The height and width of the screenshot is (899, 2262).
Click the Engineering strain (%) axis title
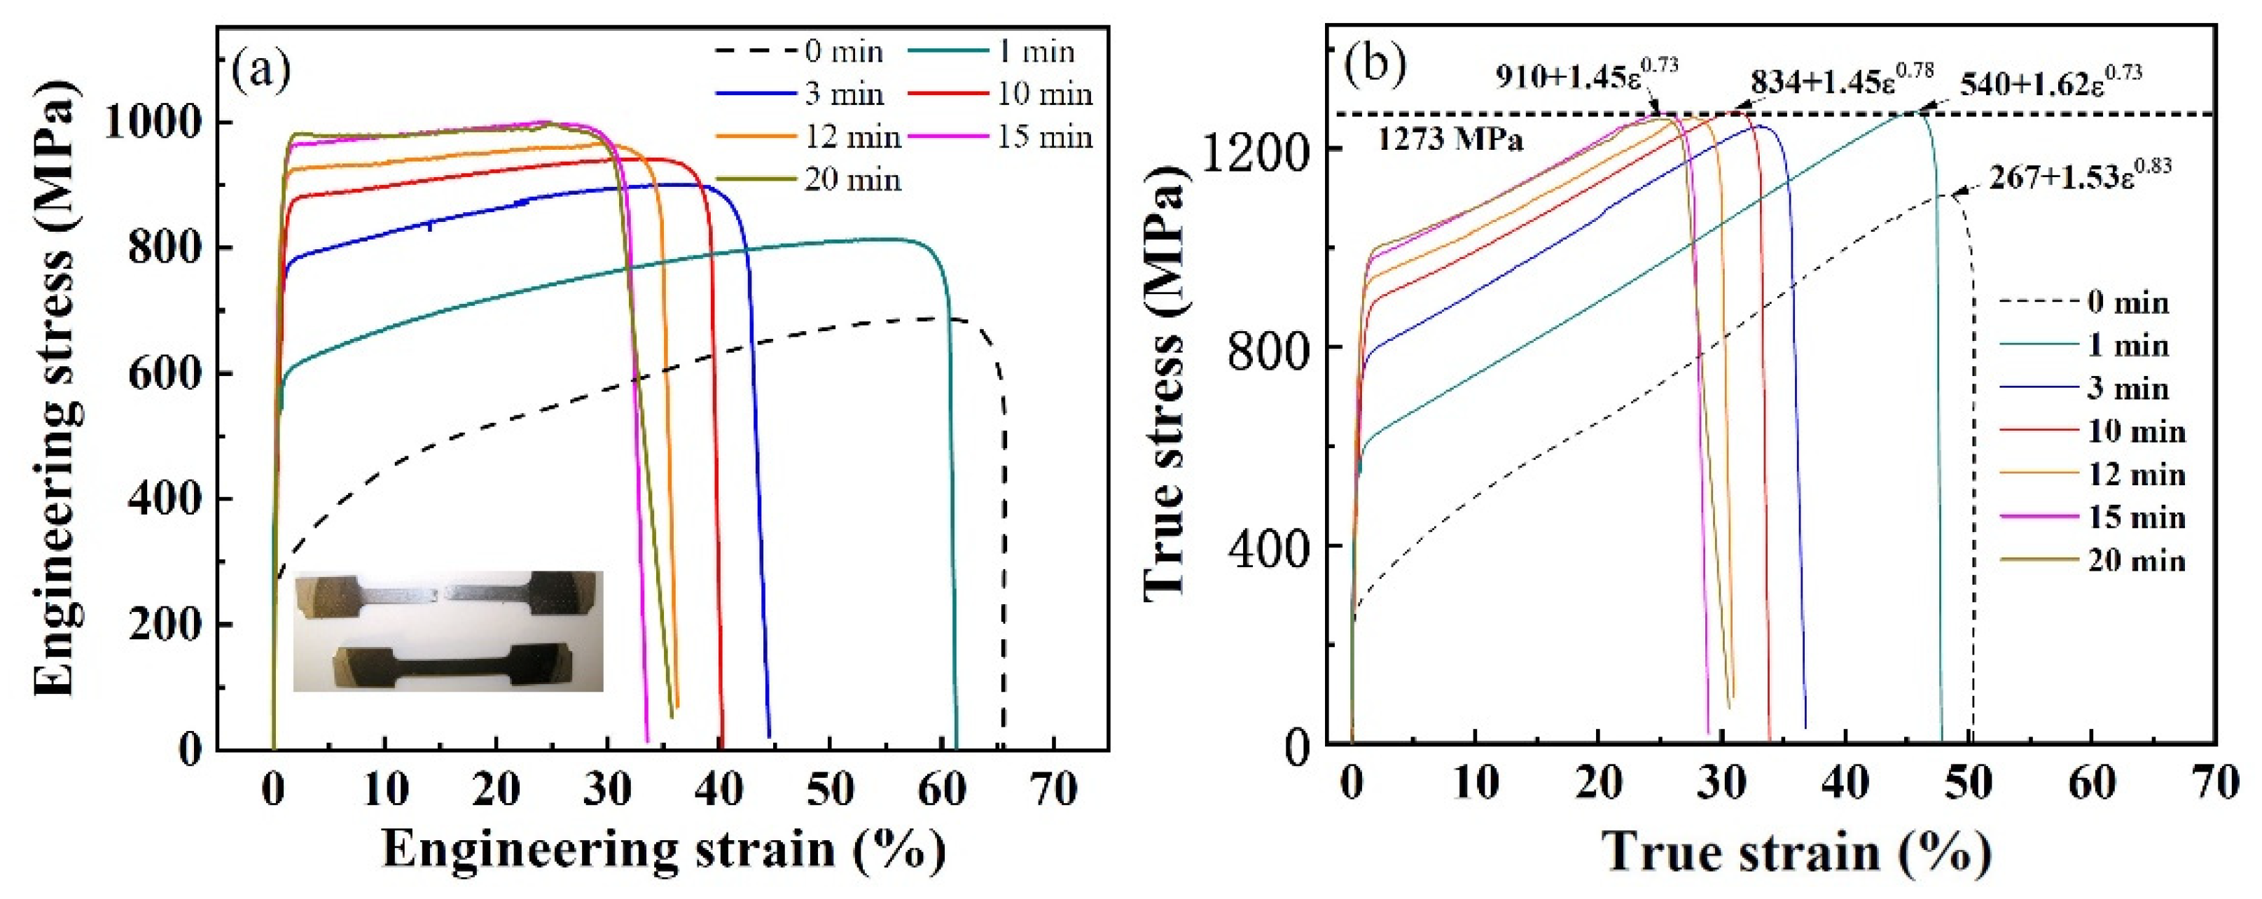pos(664,850)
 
